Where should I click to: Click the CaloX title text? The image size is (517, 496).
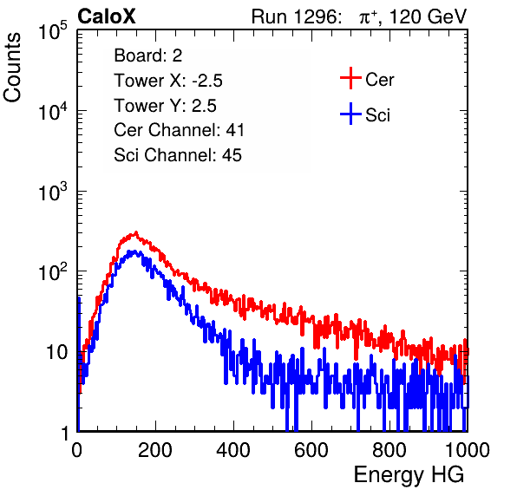coord(107,16)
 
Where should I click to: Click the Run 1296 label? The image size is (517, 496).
coord(296,16)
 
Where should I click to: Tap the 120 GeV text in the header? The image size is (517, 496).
coord(428,16)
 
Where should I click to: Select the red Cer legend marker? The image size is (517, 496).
coord(350,78)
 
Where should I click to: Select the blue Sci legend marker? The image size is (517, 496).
coord(350,114)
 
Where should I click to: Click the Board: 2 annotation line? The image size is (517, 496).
coord(148,55)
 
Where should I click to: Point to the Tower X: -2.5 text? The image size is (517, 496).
coord(168,81)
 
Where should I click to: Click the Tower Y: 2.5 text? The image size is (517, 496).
coord(165,106)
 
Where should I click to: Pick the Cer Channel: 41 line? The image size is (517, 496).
coord(179,130)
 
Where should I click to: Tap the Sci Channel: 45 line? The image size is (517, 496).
coord(178,155)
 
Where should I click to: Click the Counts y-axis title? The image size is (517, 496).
coord(12,68)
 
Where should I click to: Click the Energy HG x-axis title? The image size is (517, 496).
coord(409,474)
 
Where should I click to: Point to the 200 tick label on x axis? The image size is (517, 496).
coord(155,449)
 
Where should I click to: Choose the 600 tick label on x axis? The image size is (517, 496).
coord(311,449)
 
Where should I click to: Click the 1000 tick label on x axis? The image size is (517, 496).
coord(468,449)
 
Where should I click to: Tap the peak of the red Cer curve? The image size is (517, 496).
coord(136,232)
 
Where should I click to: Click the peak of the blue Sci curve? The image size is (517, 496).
coord(134,251)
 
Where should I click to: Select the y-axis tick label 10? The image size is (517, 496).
coord(56,353)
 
